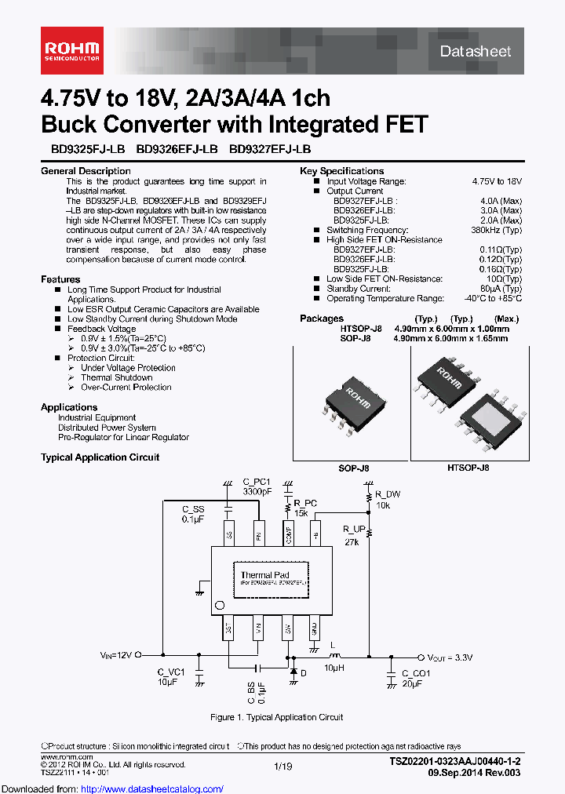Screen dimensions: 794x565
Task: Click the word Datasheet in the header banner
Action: (x=476, y=52)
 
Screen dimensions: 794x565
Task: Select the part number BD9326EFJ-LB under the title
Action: (x=177, y=149)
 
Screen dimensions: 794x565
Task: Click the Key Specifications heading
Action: (x=341, y=171)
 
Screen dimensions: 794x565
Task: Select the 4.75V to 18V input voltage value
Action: (x=496, y=181)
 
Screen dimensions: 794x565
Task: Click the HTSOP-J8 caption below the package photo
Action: (x=468, y=468)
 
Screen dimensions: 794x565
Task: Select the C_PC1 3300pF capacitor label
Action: (x=256, y=486)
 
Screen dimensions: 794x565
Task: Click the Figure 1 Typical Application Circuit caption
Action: (x=276, y=717)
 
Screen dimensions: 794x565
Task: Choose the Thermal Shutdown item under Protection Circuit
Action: (x=116, y=377)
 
